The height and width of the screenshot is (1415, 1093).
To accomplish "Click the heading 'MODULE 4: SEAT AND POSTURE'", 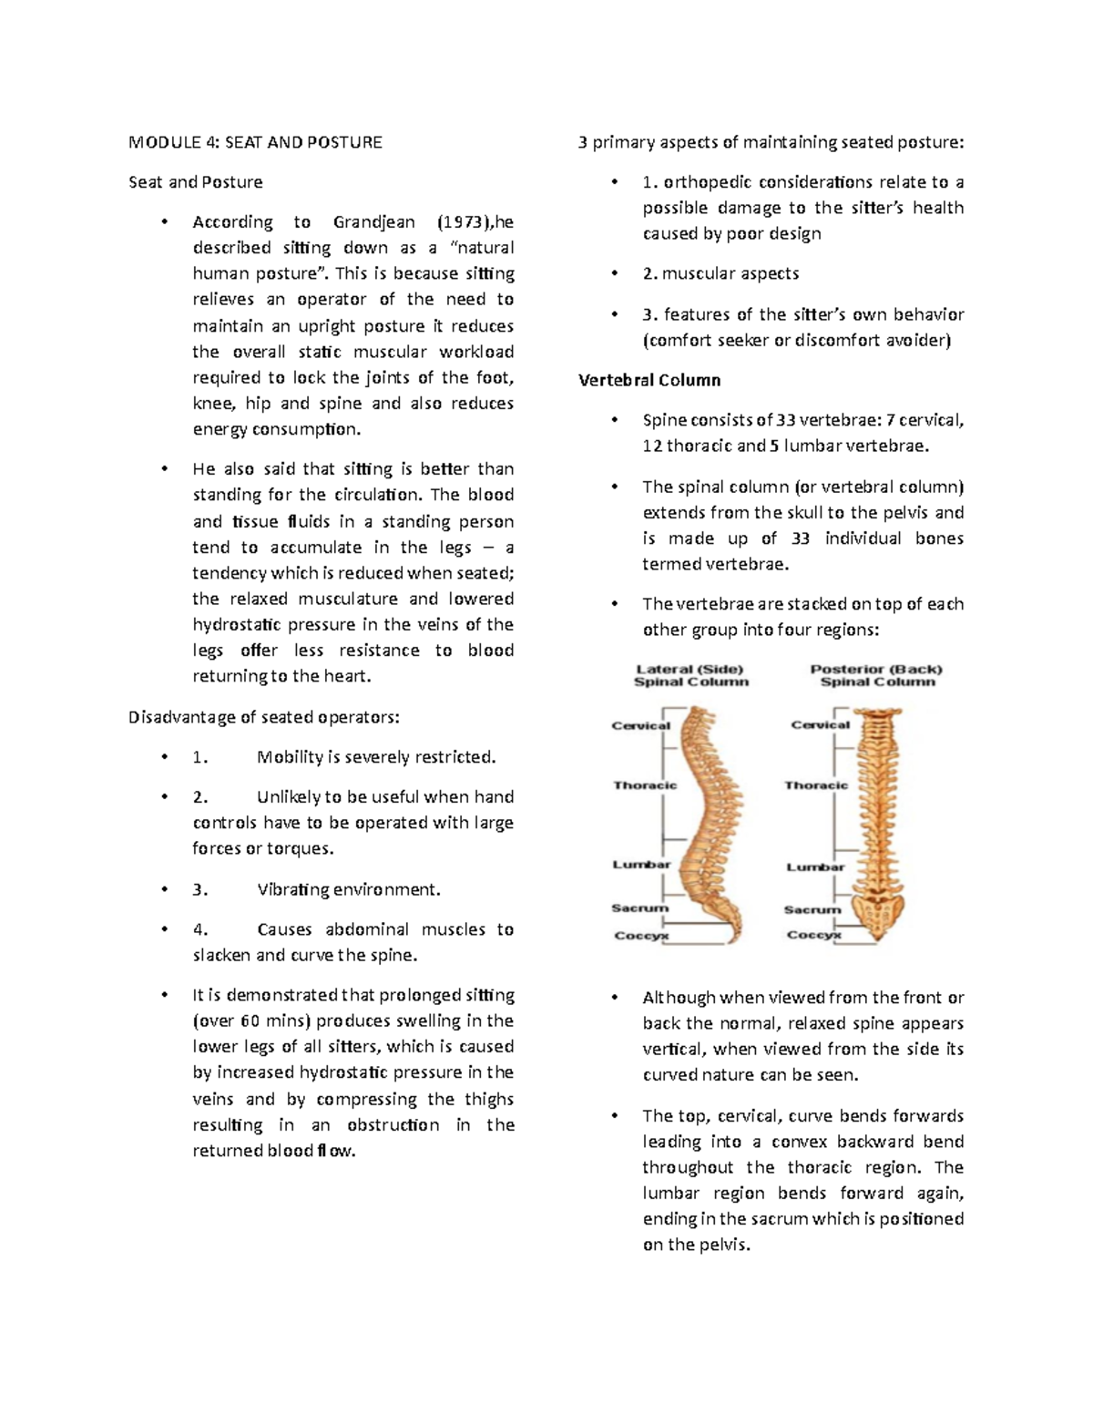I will (255, 142).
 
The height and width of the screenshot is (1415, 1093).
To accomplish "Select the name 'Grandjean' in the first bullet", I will (373, 221).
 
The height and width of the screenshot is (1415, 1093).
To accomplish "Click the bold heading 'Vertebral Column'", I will (649, 380).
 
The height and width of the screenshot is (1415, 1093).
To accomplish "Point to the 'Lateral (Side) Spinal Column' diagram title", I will (690, 675).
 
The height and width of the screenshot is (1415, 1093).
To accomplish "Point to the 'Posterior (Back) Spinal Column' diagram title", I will (876, 675).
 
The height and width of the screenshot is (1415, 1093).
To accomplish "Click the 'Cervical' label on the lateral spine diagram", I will (640, 726).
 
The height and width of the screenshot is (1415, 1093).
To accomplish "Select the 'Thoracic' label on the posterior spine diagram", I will (816, 785).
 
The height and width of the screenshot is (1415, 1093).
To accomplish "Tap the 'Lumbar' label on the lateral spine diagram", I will (641, 865).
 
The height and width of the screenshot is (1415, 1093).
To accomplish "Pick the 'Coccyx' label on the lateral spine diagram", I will (641, 936).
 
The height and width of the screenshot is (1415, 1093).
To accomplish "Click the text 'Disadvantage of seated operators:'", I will (263, 717).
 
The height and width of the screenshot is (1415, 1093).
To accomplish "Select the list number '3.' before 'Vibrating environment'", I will (200, 890).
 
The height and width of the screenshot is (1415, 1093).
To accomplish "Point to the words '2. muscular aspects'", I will (720, 273).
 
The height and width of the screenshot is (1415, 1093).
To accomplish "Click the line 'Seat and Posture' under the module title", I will (195, 182).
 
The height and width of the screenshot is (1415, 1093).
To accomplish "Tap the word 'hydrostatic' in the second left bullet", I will (237, 625).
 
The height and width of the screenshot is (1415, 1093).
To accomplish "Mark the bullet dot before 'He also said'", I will (164, 469).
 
